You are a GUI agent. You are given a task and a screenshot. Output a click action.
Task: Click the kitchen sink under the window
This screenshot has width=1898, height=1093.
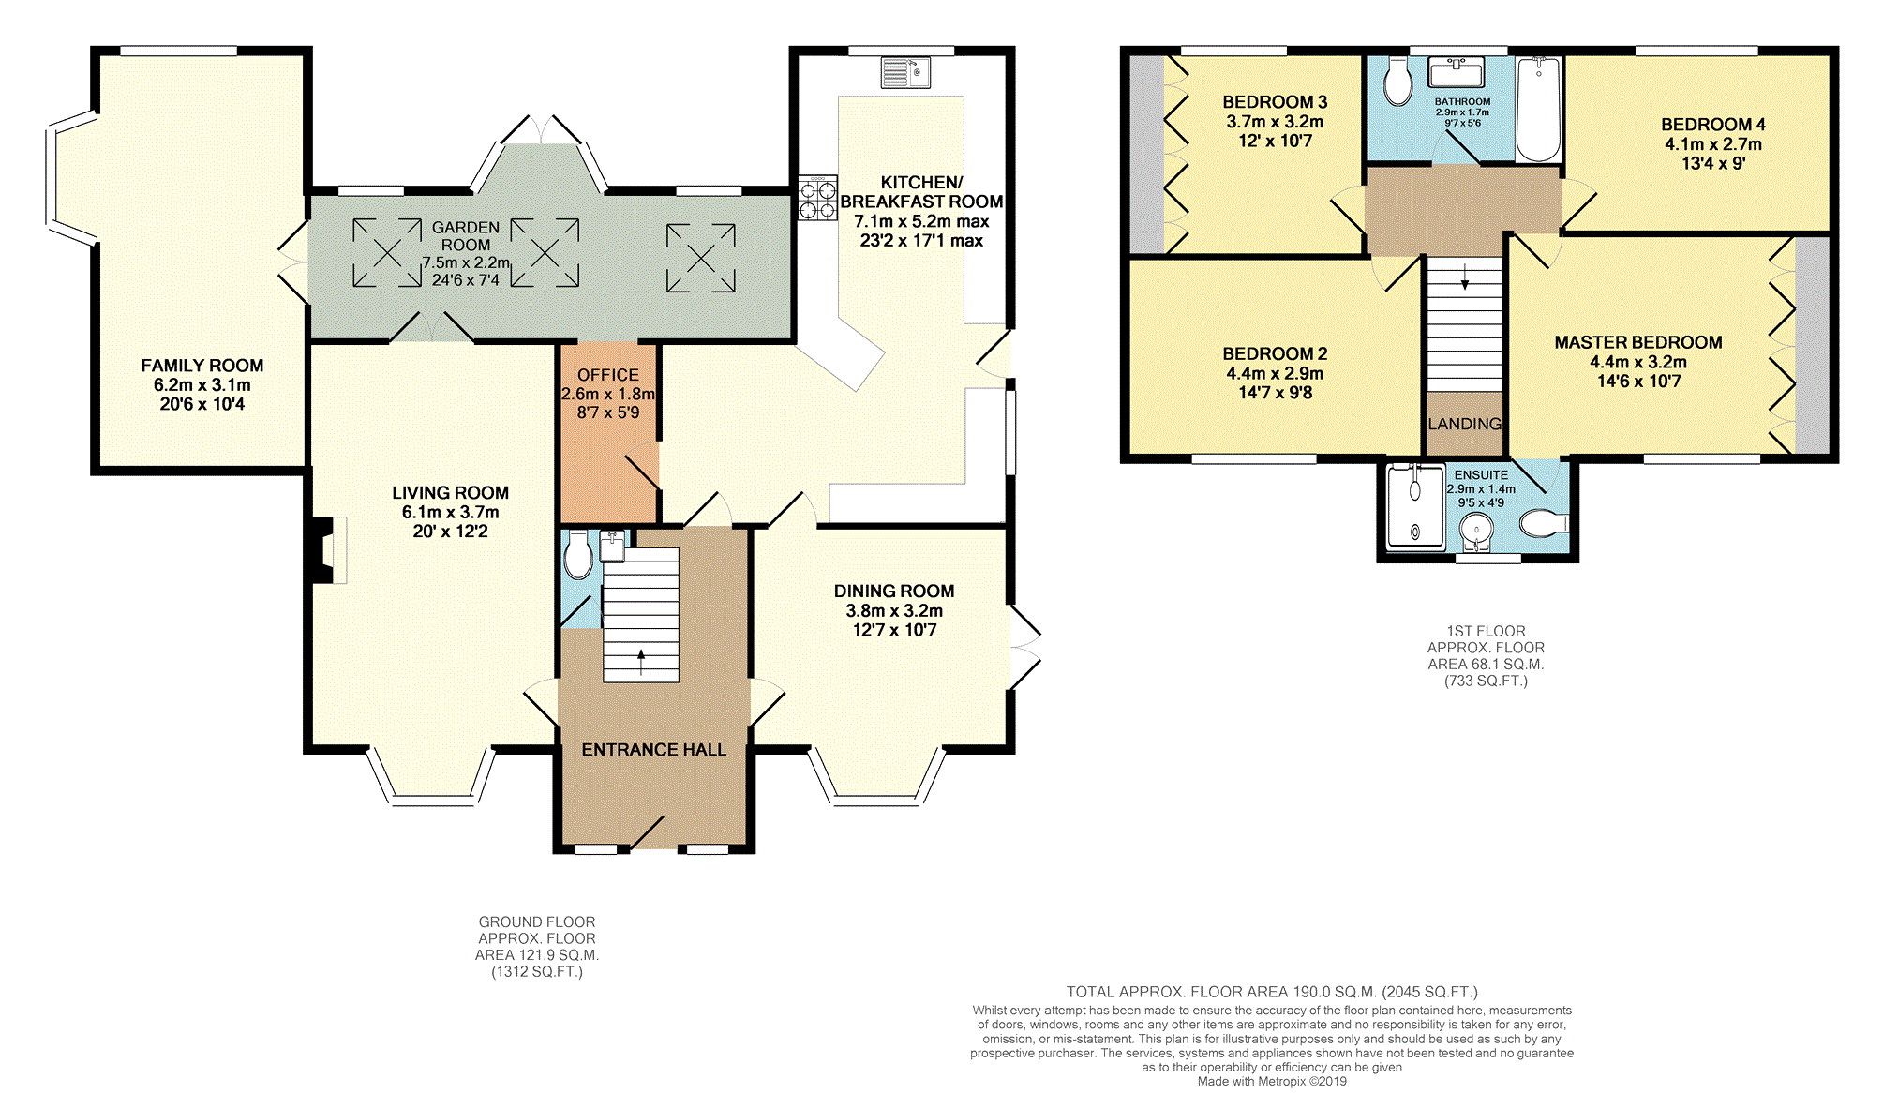tap(905, 72)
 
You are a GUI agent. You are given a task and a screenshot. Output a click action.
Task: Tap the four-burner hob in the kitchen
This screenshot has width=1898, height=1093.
tap(817, 198)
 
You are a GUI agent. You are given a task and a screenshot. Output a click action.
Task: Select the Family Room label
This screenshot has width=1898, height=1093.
tap(202, 366)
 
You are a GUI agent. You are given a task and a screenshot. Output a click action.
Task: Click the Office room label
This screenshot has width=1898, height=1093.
tap(608, 375)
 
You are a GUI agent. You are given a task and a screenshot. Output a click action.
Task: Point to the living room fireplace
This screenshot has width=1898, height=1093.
tap(327, 550)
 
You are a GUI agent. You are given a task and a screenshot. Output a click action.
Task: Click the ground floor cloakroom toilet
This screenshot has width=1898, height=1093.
tap(578, 555)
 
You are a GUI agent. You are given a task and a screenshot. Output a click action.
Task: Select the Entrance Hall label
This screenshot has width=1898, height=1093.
tap(654, 750)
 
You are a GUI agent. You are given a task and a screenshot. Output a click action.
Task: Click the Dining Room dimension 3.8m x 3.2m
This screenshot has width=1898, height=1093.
tap(894, 610)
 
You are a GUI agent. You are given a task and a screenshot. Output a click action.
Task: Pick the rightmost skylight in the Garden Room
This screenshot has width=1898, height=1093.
tap(701, 259)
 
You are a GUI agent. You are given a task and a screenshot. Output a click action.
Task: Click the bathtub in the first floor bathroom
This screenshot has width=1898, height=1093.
tap(1538, 110)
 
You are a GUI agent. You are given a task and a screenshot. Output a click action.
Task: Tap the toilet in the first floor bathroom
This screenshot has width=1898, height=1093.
tap(1397, 82)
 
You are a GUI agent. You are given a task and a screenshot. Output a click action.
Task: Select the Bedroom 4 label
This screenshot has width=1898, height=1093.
tap(1713, 125)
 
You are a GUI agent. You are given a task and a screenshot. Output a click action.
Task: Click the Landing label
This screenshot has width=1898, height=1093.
tap(1465, 424)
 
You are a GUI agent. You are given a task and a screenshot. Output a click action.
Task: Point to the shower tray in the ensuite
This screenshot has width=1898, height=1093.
tap(1415, 505)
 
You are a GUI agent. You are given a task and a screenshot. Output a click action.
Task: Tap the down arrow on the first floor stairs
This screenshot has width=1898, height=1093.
tap(1465, 277)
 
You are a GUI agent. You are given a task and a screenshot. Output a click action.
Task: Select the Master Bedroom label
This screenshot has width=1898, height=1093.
tap(1638, 342)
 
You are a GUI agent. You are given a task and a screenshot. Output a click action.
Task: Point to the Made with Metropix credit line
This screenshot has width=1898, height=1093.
tap(1272, 1081)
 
